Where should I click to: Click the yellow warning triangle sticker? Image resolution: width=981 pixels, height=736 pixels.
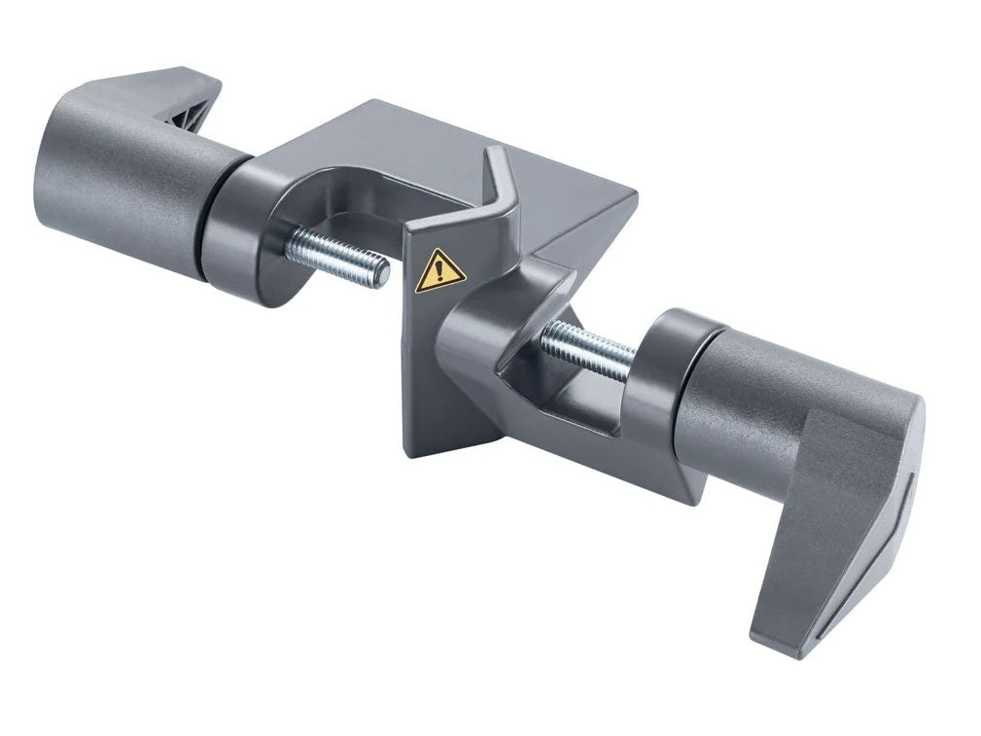tap(439, 271)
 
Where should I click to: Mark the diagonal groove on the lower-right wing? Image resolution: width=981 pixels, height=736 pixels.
tap(865, 564)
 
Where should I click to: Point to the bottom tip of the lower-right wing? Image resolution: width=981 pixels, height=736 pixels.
tap(778, 647)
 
